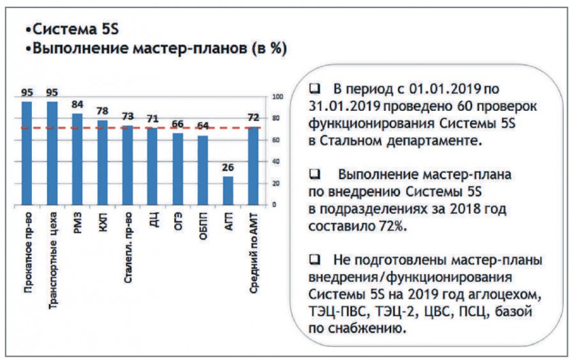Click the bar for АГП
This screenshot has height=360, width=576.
(x=228, y=190)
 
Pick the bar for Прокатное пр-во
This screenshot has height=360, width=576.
(x=27, y=152)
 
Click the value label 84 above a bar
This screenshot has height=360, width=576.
(x=78, y=105)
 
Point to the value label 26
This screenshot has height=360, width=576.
(x=228, y=167)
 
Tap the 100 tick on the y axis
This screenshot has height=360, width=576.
(x=275, y=97)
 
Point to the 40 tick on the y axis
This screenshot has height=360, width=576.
(x=273, y=162)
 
